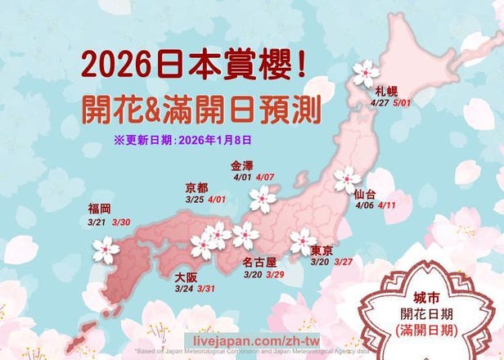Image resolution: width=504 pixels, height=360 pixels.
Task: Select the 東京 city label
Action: pyautogui.click(x=322, y=250)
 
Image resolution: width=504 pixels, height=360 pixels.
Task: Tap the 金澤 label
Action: pyautogui.click(x=243, y=164)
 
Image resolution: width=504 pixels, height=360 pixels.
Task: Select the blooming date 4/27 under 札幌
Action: pyautogui.click(x=380, y=103)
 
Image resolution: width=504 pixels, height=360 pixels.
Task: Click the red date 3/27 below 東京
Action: pyautogui.click(x=344, y=262)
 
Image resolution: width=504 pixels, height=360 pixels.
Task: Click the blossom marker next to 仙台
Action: pyautogui.click(x=347, y=179)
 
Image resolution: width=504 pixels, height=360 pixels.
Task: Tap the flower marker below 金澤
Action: pyautogui.click(x=263, y=197)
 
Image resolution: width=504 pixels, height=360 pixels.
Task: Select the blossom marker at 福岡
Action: pyautogui.click(x=106, y=250)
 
